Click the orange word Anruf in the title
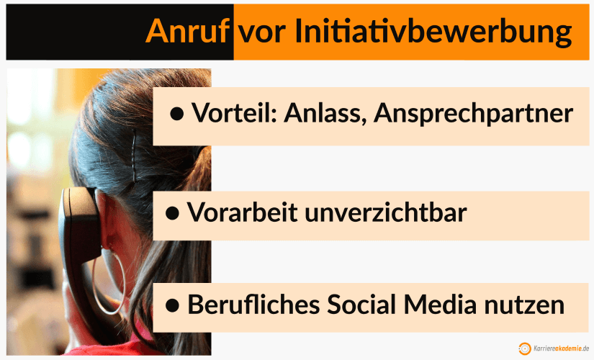pyautogui.click(x=189, y=32)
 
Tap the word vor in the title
pyautogui.click(x=262, y=32)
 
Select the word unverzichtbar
pyautogui.click(x=389, y=212)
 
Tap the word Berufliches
pyautogui.click(x=252, y=305)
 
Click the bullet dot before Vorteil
pyautogui.click(x=177, y=114)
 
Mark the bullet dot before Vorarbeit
pyautogui.click(x=173, y=214)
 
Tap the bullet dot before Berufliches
pyautogui.click(x=173, y=306)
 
